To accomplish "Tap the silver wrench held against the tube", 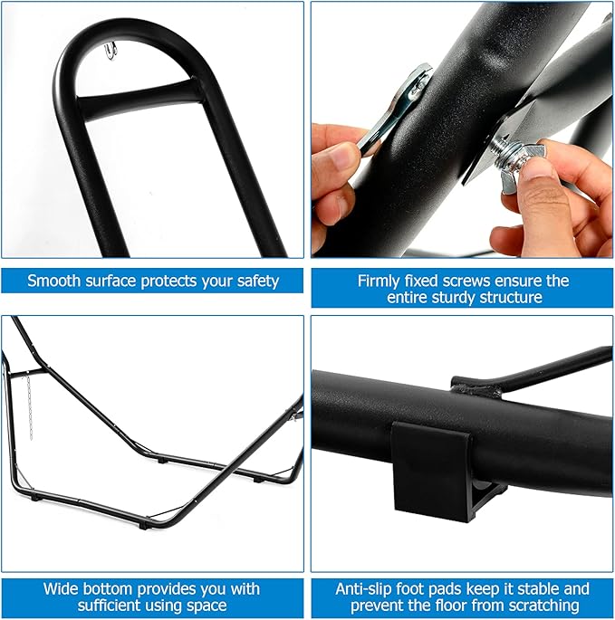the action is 396,110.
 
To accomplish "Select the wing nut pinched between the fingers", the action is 522,167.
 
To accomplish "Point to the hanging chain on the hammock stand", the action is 29,407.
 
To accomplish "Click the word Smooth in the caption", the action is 54,281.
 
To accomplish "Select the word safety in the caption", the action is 258,281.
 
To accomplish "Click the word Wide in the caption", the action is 60,588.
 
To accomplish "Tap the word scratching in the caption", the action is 544,606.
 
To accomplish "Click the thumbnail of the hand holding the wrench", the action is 462,129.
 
